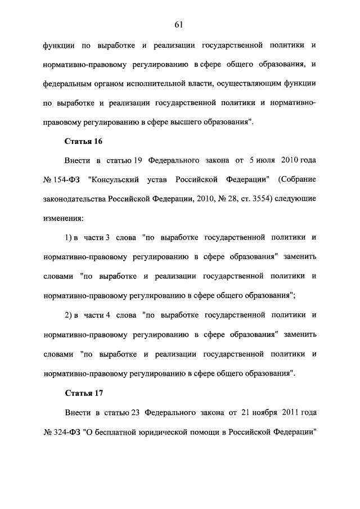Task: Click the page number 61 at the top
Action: [180, 24]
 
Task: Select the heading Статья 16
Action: [83, 141]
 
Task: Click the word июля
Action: [262, 160]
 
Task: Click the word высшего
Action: [190, 121]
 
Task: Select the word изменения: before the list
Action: [64, 217]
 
